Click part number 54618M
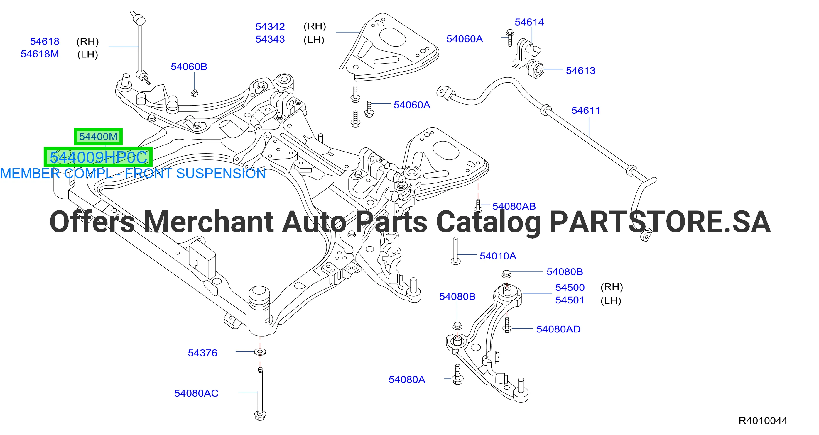(40, 54)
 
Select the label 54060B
(189, 67)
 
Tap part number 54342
(270, 27)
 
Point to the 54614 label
(529, 22)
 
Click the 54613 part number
(580, 70)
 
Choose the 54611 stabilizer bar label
(586, 111)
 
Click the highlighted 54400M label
(98, 137)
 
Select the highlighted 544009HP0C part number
(98, 157)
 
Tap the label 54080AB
(514, 206)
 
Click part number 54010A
(498, 256)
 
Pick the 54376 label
(202, 353)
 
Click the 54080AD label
(558, 329)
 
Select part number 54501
(570, 300)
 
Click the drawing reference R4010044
(763, 421)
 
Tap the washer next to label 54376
(260, 352)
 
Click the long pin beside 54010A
(456, 251)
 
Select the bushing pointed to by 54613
(536, 69)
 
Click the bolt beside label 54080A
(457, 374)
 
